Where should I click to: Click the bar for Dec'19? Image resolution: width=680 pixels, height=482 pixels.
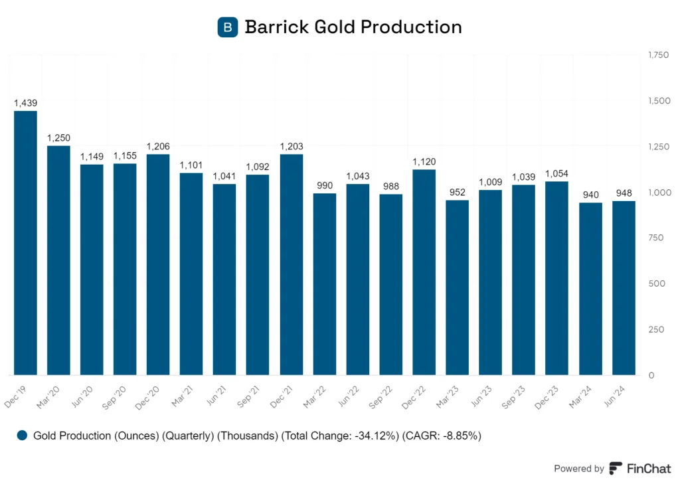pyautogui.click(x=25, y=242)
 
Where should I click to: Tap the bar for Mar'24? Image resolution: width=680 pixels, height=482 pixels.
pyautogui.click(x=590, y=289)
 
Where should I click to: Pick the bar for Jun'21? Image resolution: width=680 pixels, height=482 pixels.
pyautogui.click(x=224, y=280)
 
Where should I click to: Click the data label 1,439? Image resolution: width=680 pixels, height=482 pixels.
pyautogui.click(x=25, y=103)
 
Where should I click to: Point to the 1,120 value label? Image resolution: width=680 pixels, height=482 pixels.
pyautogui.click(x=424, y=161)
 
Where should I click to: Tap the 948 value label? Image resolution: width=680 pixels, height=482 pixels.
pyautogui.click(x=624, y=193)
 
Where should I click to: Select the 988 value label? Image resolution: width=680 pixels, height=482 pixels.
pyautogui.click(x=391, y=186)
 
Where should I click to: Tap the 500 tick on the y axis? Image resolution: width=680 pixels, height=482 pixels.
pyautogui.click(x=655, y=283)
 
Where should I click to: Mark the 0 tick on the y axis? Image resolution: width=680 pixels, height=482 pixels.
pyautogui.click(x=651, y=375)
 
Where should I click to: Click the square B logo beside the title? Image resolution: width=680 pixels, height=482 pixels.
pyautogui.click(x=228, y=27)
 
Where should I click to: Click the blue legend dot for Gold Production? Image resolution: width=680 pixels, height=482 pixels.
pyautogui.click(x=23, y=436)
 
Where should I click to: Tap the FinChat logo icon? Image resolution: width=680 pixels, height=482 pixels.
pyautogui.click(x=616, y=468)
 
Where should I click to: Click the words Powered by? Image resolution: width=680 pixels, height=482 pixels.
pyautogui.click(x=579, y=468)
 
